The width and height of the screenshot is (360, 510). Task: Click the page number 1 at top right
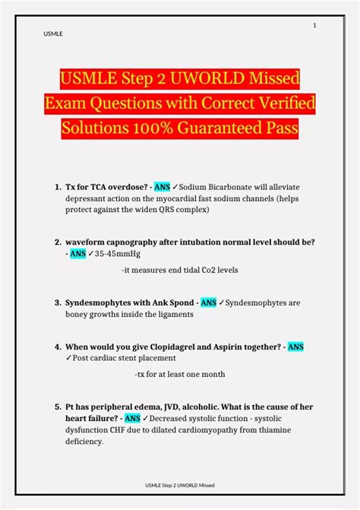(314, 27)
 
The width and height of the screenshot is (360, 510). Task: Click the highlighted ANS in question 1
(162, 187)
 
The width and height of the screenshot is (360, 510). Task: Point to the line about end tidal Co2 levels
(179, 270)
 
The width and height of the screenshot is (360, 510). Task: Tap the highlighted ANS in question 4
(295, 347)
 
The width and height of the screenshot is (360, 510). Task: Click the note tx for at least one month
(179, 375)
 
